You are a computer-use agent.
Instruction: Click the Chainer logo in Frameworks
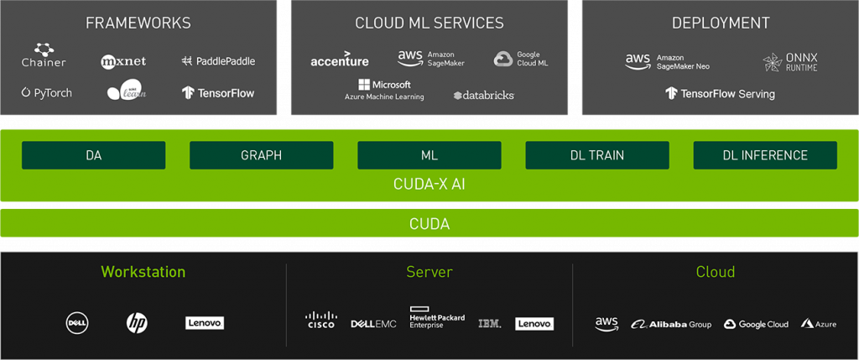click(x=44, y=56)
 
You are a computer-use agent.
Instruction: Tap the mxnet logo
click(x=124, y=61)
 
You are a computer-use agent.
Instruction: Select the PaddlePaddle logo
click(x=218, y=61)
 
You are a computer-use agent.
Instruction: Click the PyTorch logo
click(x=47, y=92)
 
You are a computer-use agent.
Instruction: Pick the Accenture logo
click(x=339, y=60)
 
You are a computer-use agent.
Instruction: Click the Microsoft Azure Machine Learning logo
click(x=384, y=90)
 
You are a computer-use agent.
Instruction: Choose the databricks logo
click(x=483, y=95)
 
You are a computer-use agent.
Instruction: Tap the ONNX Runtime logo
click(x=790, y=62)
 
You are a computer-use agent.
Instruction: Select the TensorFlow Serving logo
click(x=720, y=93)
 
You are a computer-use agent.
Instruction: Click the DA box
click(x=93, y=155)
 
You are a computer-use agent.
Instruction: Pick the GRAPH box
click(x=261, y=155)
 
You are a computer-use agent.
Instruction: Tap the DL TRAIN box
click(x=596, y=155)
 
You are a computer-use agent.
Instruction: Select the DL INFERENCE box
click(x=764, y=155)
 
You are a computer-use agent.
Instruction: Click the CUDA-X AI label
click(x=429, y=184)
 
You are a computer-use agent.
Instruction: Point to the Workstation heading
click(x=143, y=272)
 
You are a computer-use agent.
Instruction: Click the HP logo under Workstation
click(x=137, y=322)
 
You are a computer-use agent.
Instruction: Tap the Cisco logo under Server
click(x=320, y=320)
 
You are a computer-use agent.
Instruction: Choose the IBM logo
click(x=490, y=323)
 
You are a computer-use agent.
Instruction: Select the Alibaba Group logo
click(x=671, y=324)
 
